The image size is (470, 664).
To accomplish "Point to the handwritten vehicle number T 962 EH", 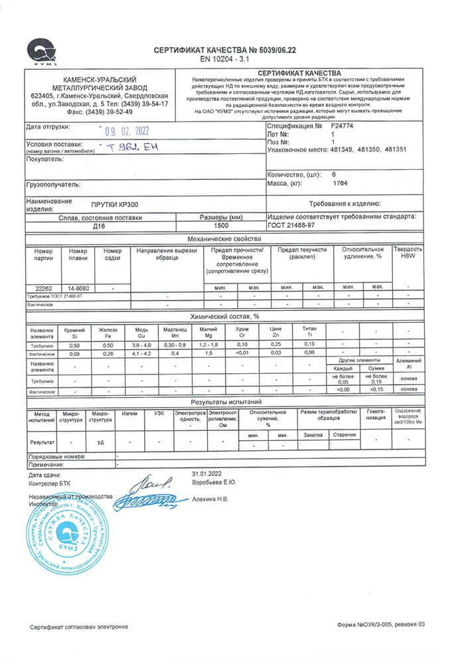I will [x=137, y=147].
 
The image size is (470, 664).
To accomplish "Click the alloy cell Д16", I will [x=100, y=226].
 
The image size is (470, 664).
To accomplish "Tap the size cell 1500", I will [x=222, y=226].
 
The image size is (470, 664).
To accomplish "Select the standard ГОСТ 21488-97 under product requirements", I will [x=291, y=226].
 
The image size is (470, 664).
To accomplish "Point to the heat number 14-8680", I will [x=78, y=288].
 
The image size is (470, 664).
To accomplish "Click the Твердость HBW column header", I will [x=408, y=253].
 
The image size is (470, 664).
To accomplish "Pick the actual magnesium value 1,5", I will [x=208, y=353].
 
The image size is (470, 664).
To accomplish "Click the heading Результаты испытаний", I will [x=226, y=402].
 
